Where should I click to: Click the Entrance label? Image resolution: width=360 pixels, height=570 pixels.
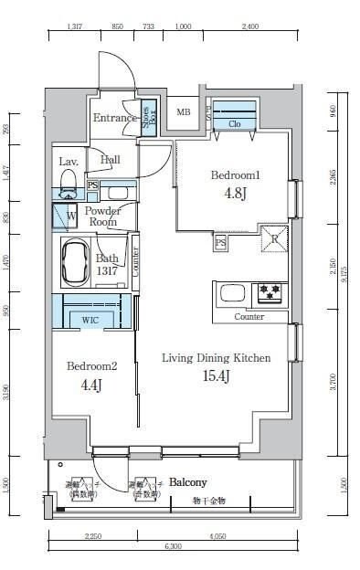114,118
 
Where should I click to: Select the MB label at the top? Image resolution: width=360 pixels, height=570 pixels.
184,113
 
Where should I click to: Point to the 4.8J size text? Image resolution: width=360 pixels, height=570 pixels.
237,194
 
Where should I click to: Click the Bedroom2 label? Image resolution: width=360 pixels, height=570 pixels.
92,366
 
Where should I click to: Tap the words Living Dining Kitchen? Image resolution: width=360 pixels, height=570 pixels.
216,358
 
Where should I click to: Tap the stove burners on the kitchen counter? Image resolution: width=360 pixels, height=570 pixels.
270,293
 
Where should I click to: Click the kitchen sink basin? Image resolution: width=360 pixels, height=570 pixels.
232,294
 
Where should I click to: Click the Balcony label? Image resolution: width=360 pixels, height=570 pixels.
187,482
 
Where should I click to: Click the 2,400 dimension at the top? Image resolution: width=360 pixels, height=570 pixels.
249,27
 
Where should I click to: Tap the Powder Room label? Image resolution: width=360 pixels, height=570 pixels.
102,216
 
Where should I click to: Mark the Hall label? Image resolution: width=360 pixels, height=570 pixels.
111,160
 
